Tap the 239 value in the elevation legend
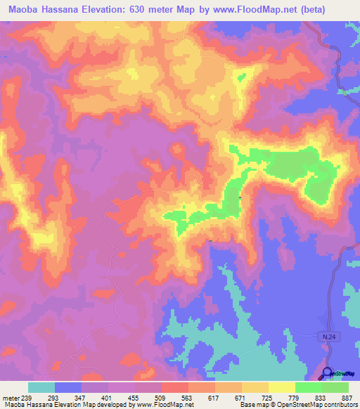[28, 398]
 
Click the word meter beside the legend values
[10, 398]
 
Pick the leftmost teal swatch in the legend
[41, 387]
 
